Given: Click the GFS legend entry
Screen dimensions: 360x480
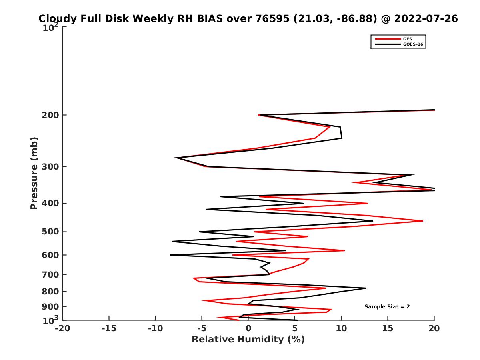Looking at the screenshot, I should point(408,39).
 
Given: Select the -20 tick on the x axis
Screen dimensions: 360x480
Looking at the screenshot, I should point(62,328).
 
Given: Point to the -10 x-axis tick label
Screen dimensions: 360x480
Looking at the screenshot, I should point(155,328).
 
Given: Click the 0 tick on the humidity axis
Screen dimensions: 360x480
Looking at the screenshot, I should point(248,328).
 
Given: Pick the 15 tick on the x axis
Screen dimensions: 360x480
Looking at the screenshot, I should point(388,328).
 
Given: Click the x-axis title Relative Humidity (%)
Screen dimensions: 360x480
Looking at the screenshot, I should point(248,340).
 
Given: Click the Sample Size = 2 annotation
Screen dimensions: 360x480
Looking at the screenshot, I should point(387,307).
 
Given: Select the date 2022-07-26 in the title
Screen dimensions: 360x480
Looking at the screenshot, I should point(426,19).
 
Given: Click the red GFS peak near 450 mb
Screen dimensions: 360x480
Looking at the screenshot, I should point(422,221).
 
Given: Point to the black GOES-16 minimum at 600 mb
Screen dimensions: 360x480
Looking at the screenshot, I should point(170,255).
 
